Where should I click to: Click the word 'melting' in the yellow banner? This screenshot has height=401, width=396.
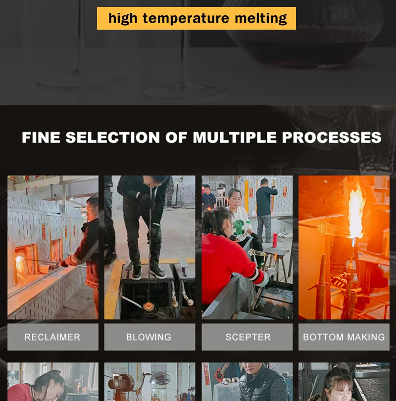260,18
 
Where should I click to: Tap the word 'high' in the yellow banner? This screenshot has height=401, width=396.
123,18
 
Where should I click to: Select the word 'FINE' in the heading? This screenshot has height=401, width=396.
41,137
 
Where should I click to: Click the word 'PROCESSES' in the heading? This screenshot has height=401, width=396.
332,137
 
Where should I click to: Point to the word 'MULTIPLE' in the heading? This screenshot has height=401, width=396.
235,137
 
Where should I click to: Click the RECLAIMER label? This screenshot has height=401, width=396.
52,337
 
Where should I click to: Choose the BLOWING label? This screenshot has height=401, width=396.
148,337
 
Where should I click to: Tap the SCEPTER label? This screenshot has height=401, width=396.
248,337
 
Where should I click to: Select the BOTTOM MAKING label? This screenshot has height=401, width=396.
344,337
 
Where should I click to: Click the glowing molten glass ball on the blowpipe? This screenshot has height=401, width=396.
148,306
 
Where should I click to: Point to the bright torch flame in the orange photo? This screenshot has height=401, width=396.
356,212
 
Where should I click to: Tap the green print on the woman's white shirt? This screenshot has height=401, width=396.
239,226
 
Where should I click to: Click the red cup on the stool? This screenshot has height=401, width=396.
275,240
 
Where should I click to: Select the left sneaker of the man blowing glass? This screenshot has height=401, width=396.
137,272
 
